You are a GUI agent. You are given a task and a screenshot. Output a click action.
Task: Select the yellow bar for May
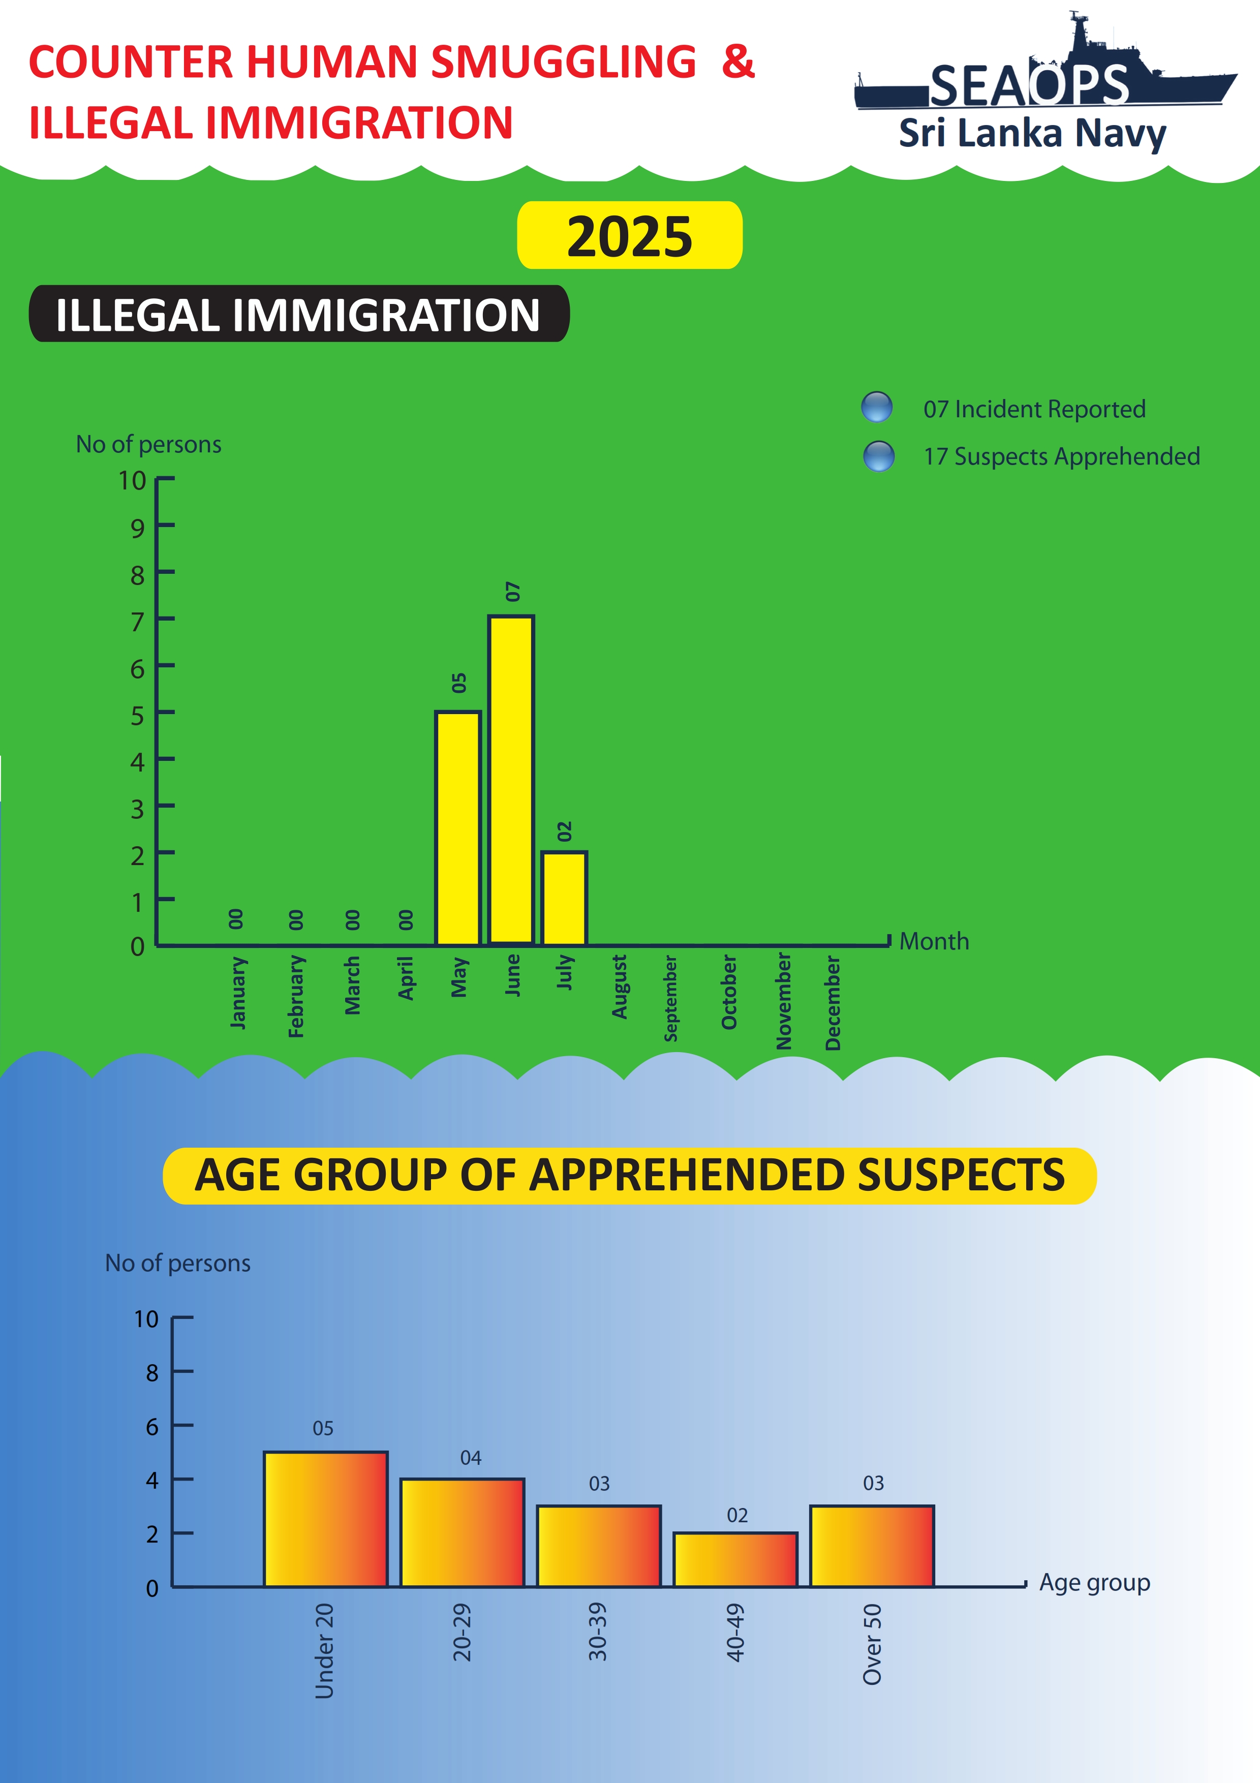[x=458, y=828]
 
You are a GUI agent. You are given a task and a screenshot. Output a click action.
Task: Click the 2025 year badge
[x=630, y=236]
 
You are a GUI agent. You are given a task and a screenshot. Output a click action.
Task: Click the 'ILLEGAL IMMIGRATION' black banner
[x=299, y=315]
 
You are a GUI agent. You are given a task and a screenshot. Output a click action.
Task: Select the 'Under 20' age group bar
[x=325, y=1519]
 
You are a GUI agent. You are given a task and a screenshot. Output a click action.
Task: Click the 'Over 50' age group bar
[x=872, y=1546]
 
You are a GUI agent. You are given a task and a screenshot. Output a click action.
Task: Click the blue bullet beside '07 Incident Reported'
[x=876, y=407]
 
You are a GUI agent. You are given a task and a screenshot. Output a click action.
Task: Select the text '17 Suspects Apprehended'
[x=1061, y=456]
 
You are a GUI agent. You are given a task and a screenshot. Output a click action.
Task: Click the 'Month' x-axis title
[x=934, y=941]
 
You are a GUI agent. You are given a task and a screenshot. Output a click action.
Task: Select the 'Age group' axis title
[x=1095, y=1582]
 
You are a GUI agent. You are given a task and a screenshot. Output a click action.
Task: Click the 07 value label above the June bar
[x=512, y=592]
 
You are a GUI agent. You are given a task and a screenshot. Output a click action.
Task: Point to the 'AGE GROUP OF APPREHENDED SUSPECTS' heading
[x=630, y=1175]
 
